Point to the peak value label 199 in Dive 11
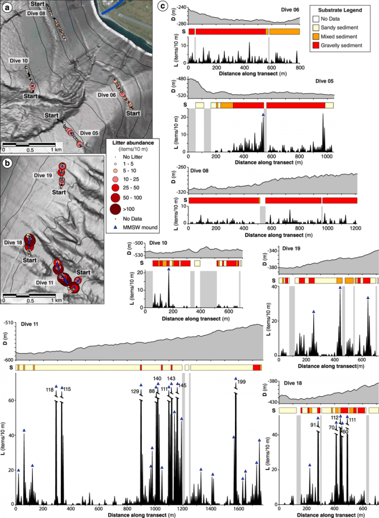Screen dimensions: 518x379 tap(242, 382)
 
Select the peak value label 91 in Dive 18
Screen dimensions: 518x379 tap(313, 425)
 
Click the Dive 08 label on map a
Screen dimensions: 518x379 tap(35, 13)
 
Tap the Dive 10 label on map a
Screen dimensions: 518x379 tap(18, 61)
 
